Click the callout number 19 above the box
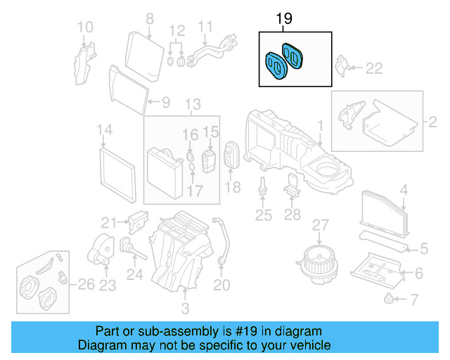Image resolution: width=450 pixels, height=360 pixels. (283, 18)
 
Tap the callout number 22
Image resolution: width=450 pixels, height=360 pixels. (374, 67)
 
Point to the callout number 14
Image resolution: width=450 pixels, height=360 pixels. (104, 130)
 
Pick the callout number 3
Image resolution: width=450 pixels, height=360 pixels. (185, 308)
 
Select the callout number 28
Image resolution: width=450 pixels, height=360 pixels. (294, 215)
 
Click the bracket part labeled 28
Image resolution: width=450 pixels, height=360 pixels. (293, 188)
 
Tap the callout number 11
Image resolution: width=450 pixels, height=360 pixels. (205, 27)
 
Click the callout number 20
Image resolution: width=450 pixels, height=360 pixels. (221, 285)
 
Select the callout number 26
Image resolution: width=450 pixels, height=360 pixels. (86, 285)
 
